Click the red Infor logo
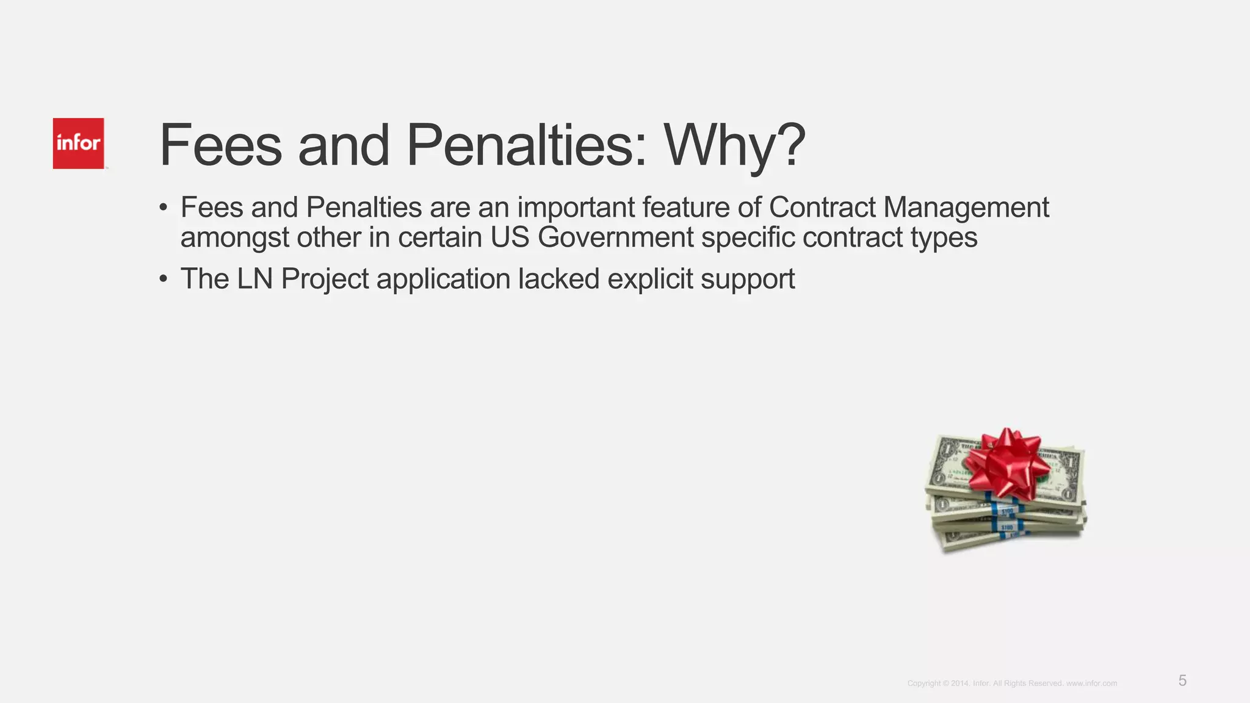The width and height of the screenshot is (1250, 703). coord(78,143)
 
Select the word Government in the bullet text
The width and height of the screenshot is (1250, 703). coord(616,237)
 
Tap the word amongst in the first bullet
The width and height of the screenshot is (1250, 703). coord(234,237)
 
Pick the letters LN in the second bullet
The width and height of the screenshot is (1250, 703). coord(255,279)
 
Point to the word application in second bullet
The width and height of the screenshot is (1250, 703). coord(443,279)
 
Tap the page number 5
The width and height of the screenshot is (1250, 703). coord(1182,681)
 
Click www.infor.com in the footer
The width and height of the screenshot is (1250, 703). coord(1091,683)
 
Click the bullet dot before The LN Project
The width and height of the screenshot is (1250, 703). coord(163,279)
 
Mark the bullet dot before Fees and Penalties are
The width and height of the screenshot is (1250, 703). coord(163,208)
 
